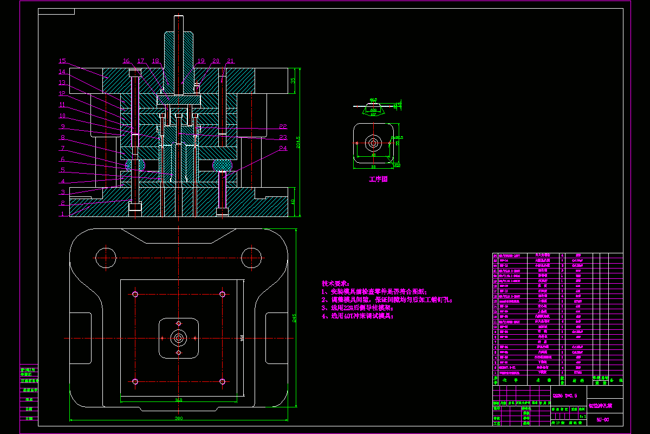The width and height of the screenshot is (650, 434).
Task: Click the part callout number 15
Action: click(62, 61)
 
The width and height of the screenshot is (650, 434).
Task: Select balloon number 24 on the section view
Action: click(283, 148)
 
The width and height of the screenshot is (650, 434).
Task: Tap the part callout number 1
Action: click(62, 214)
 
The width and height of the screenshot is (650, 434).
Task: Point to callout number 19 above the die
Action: click(201, 61)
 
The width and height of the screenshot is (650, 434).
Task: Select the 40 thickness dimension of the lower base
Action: click(293, 202)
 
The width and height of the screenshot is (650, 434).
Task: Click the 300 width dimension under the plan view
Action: click(178, 418)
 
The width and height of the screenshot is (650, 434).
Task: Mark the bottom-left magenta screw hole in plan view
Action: click(135, 381)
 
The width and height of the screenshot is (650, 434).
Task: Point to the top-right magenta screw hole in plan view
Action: click(222, 294)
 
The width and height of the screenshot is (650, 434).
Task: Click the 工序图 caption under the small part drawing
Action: click(379, 179)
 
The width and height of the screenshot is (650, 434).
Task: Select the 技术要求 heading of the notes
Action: click(335, 284)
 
